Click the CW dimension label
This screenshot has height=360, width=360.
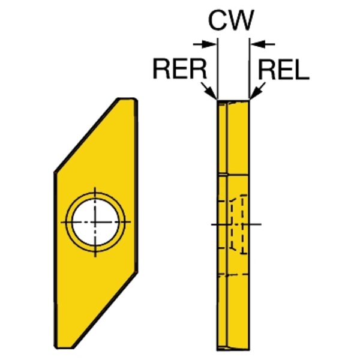tap(231, 22)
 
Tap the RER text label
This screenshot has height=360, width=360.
tap(179, 70)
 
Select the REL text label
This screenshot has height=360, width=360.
tap(283, 70)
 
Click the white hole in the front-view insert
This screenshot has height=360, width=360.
tap(97, 221)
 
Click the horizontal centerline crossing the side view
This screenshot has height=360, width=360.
tap(254, 225)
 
